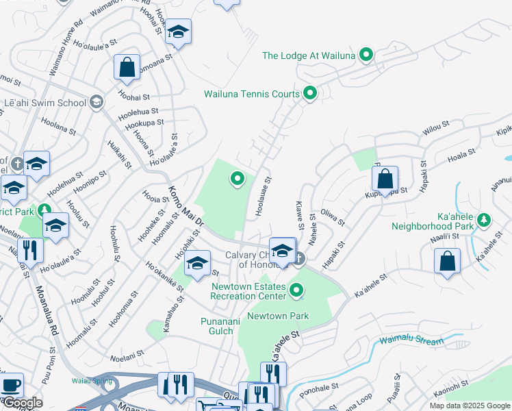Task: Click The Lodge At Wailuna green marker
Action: point(366,55)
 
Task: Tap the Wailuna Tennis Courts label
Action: point(252,94)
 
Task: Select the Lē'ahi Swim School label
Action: point(45,103)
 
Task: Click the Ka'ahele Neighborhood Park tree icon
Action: point(485,219)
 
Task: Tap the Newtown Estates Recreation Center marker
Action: point(296,291)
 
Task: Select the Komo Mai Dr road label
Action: point(186,207)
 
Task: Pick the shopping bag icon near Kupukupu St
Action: point(385,179)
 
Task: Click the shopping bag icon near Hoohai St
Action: point(127,66)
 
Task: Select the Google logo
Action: point(23,403)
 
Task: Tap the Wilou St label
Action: point(435,127)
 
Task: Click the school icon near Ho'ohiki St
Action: point(196,264)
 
